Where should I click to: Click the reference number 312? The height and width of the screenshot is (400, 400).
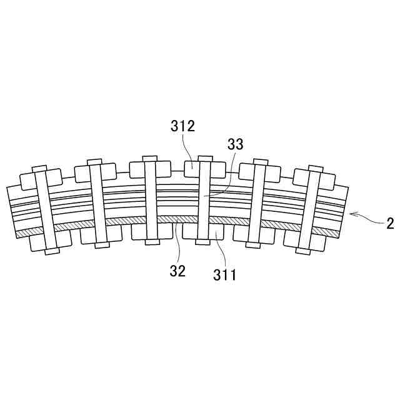click(182, 127)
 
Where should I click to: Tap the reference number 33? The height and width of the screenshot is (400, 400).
click(235, 144)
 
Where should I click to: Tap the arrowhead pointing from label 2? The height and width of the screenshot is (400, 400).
click(351, 214)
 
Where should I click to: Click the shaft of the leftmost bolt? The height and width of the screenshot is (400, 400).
click(41, 209)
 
